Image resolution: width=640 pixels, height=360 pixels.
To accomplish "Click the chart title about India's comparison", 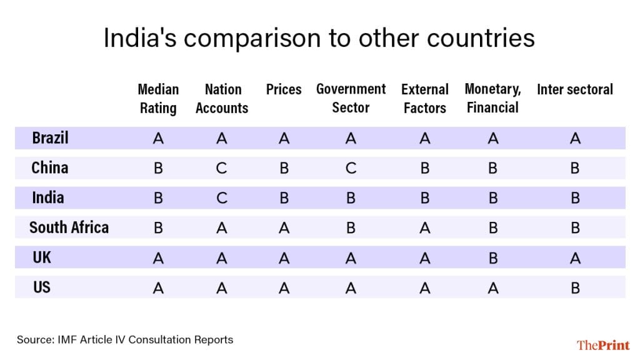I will click(x=319, y=39).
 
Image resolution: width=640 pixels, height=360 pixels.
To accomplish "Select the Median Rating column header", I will click(x=158, y=99).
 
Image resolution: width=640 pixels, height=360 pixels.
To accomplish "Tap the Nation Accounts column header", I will click(x=222, y=99).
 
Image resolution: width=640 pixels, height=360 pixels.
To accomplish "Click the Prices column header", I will click(x=284, y=89).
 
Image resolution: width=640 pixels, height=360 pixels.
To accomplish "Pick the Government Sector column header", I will click(x=351, y=98).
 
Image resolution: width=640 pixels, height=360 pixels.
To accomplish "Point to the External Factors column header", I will click(x=425, y=99).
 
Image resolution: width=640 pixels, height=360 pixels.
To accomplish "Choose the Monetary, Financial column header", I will click(x=492, y=98).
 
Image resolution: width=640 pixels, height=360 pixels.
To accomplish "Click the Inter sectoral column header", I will click(x=575, y=89).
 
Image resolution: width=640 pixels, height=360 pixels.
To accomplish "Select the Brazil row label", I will click(x=50, y=137).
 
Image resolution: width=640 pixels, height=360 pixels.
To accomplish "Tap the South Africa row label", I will click(x=69, y=227).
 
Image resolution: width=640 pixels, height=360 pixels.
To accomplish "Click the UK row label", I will click(x=42, y=257).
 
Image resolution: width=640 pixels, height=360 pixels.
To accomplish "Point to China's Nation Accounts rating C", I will click(x=222, y=168).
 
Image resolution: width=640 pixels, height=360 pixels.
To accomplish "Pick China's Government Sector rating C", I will click(x=351, y=168).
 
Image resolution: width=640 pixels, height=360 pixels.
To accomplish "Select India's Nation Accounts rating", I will click(x=222, y=198).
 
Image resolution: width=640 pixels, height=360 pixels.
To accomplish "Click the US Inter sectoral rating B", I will click(x=575, y=287).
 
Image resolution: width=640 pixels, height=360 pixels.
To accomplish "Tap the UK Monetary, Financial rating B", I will click(x=492, y=257).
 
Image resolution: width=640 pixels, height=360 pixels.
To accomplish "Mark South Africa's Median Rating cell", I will click(x=158, y=228).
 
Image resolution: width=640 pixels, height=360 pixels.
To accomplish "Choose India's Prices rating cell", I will click(x=284, y=198).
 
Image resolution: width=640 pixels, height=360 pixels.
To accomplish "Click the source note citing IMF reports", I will click(x=125, y=340).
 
